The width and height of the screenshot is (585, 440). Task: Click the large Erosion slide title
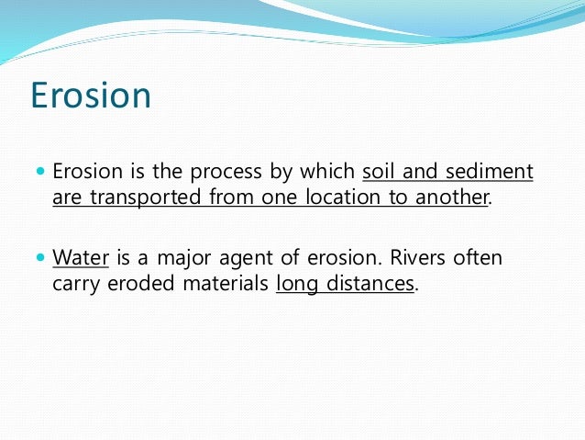(91, 96)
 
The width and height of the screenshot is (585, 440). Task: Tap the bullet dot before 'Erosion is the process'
(40, 172)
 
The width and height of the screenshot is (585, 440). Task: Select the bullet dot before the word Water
(40, 257)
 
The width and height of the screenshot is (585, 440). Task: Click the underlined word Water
(81, 257)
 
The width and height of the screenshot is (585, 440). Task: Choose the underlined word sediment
(489, 172)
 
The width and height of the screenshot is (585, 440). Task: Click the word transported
(146, 197)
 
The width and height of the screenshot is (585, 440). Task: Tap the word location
(343, 197)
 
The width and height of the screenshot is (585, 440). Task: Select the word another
(451, 197)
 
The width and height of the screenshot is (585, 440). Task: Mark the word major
(183, 259)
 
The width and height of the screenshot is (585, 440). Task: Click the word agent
(246, 259)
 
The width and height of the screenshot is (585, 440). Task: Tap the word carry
(76, 285)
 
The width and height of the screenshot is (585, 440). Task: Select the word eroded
(140, 283)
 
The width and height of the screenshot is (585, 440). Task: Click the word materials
(226, 283)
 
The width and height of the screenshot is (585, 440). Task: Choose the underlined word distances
(370, 283)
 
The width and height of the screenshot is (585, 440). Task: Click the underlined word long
(296, 285)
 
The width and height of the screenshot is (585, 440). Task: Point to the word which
(327, 172)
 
